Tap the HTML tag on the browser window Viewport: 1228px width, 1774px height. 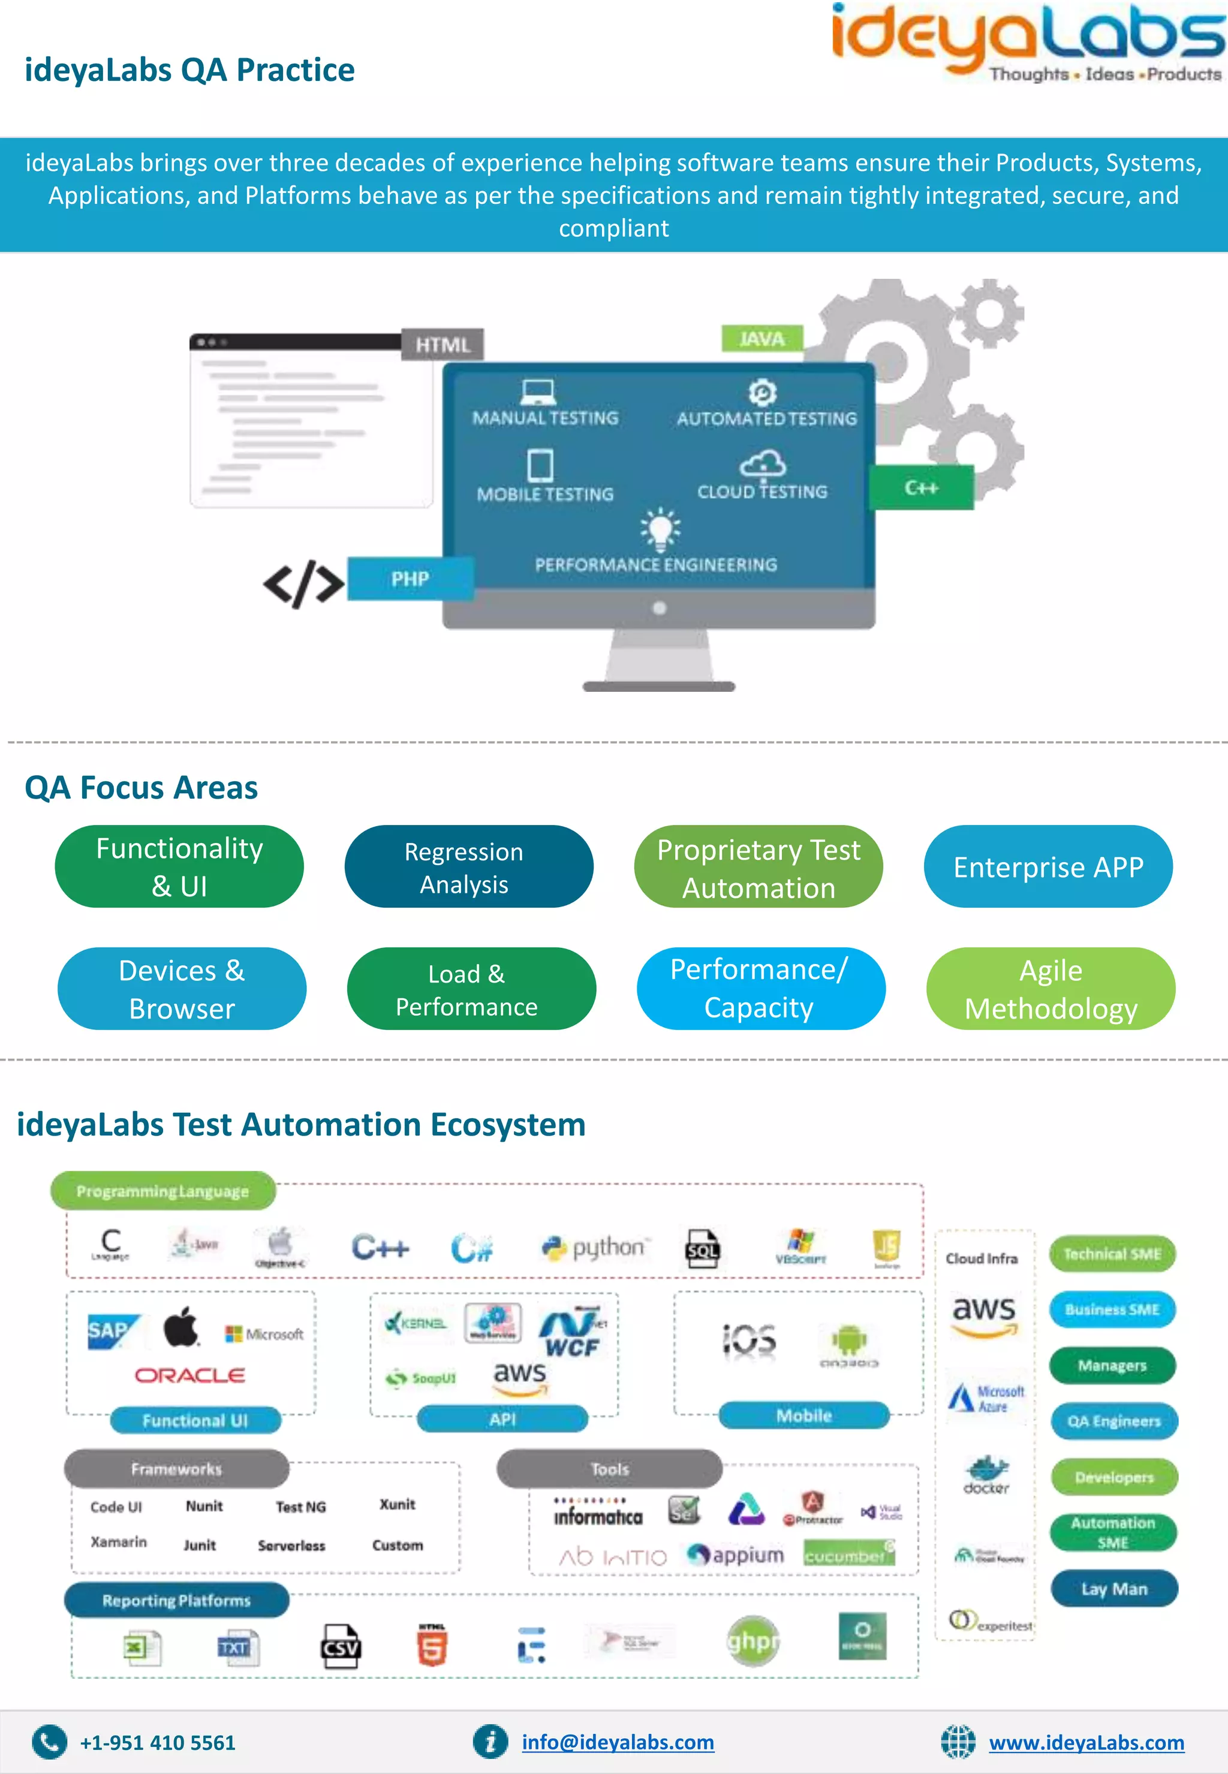[x=443, y=345]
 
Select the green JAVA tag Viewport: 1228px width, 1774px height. [x=761, y=339]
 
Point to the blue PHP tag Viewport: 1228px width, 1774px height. [x=410, y=579]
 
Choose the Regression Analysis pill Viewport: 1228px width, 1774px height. [x=468, y=867]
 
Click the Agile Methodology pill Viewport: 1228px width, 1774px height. [x=1051, y=989]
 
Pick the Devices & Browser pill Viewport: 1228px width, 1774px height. [x=182, y=989]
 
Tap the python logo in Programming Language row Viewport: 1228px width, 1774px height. [x=595, y=1247]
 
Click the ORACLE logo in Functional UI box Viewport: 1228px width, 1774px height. [x=190, y=1375]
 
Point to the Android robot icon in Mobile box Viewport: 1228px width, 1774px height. [x=848, y=1341]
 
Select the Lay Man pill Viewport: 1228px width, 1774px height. [x=1113, y=1589]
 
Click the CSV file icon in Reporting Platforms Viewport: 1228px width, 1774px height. [x=340, y=1646]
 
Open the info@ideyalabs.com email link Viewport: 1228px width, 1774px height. [x=617, y=1742]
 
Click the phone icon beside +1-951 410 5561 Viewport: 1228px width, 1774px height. [x=49, y=1742]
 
